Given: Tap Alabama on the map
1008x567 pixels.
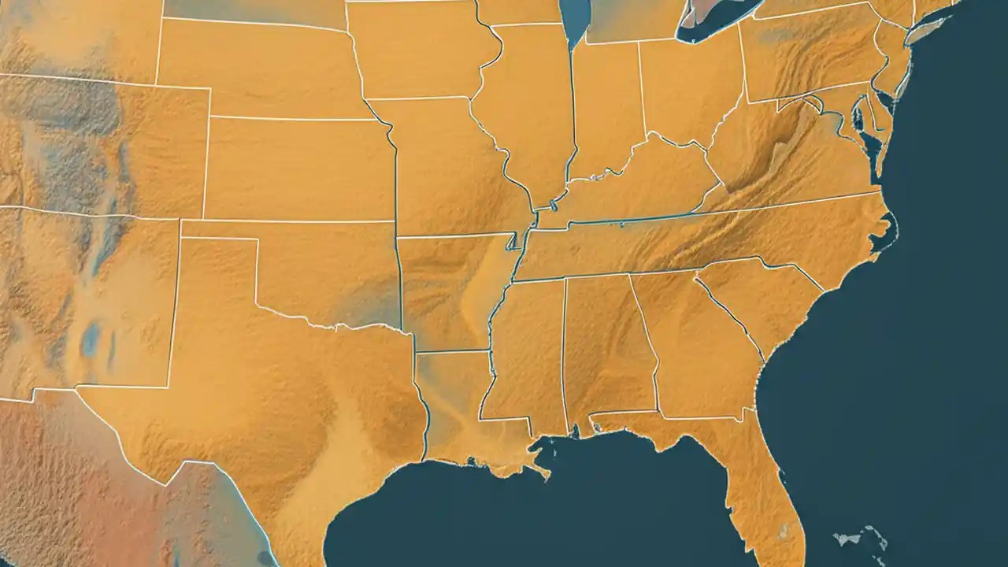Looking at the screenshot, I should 606,346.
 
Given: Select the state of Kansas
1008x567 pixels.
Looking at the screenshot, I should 299,169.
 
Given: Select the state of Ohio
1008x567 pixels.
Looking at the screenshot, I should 685,87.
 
